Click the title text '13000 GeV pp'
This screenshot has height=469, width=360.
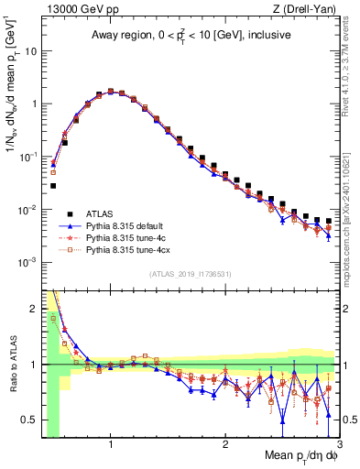pyautogui.click(x=73, y=9)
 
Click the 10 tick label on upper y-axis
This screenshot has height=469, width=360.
pyautogui.click(x=29, y=50)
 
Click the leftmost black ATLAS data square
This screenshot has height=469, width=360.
pyautogui.click(x=53, y=186)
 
